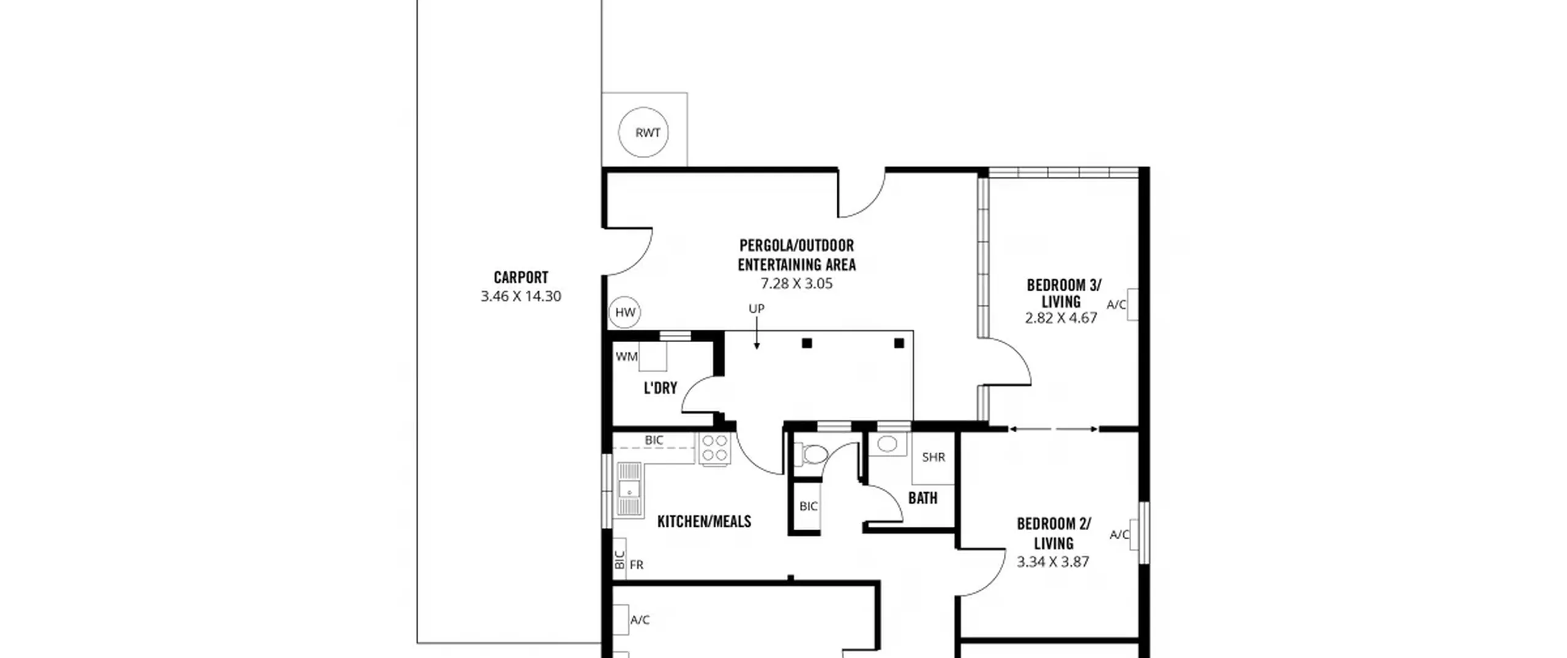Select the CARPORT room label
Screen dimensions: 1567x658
(521, 277)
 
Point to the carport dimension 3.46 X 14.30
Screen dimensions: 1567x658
(521, 296)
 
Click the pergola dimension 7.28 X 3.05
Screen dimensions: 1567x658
(796, 283)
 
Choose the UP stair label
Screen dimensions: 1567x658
(757, 308)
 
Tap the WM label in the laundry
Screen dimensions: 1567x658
(626, 356)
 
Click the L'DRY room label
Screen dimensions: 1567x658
(660, 388)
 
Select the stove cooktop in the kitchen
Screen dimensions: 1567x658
(714, 449)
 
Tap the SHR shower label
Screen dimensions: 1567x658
(933, 457)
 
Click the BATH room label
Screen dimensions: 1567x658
(922, 498)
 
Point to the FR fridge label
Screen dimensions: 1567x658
(637, 565)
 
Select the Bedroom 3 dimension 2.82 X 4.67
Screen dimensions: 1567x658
(1061, 318)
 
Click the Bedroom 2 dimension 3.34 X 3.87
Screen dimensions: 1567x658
(1053, 562)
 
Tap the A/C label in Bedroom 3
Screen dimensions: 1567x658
(1116, 304)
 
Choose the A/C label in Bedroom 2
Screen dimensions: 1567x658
(1120, 535)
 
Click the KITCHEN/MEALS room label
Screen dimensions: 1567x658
(704, 522)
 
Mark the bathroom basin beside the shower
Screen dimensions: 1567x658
(887, 444)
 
